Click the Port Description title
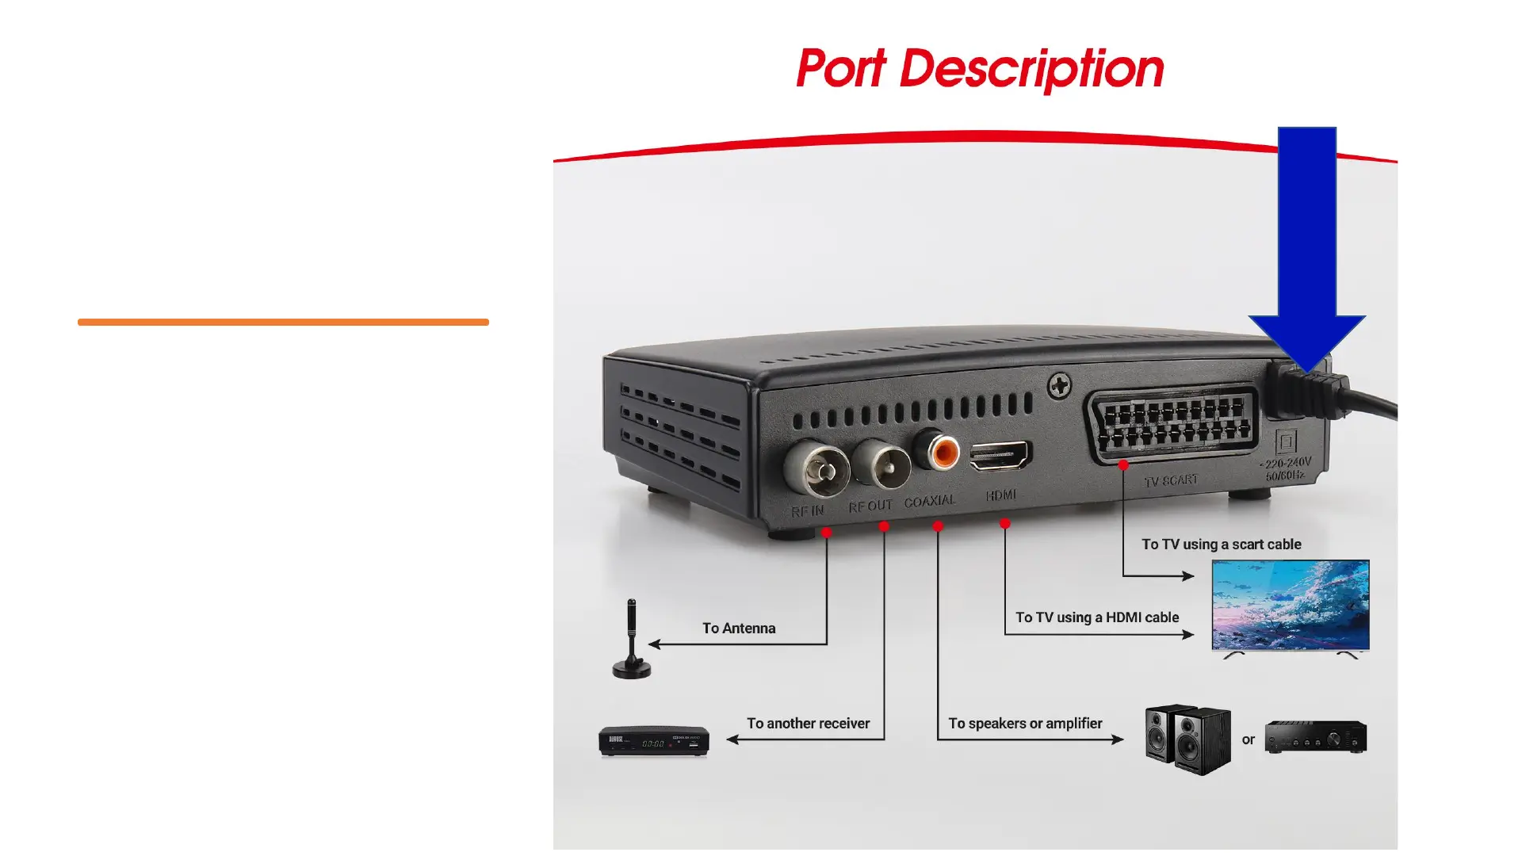[x=979, y=69]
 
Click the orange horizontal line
[x=283, y=322]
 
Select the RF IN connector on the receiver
[x=816, y=470]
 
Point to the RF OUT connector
[x=881, y=465]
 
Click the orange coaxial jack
[x=943, y=453]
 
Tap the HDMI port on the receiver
[x=1000, y=456]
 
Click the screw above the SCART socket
[x=1059, y=387]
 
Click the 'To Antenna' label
[x=739, y=629]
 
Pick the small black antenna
[x=631, y=640]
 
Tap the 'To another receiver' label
[x=808, y=724]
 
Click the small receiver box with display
[x=653, y=741]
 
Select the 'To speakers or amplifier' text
[x=1025, y=724]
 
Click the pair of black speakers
[x=1187, y=739]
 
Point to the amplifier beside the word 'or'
[x=1315, y=737]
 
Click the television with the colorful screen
[x=1291, y=606]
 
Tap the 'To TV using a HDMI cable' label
[x=1097, y=617]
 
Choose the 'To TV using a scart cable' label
[x=1221, y=545]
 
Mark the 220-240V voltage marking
[x=1287, y=463]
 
